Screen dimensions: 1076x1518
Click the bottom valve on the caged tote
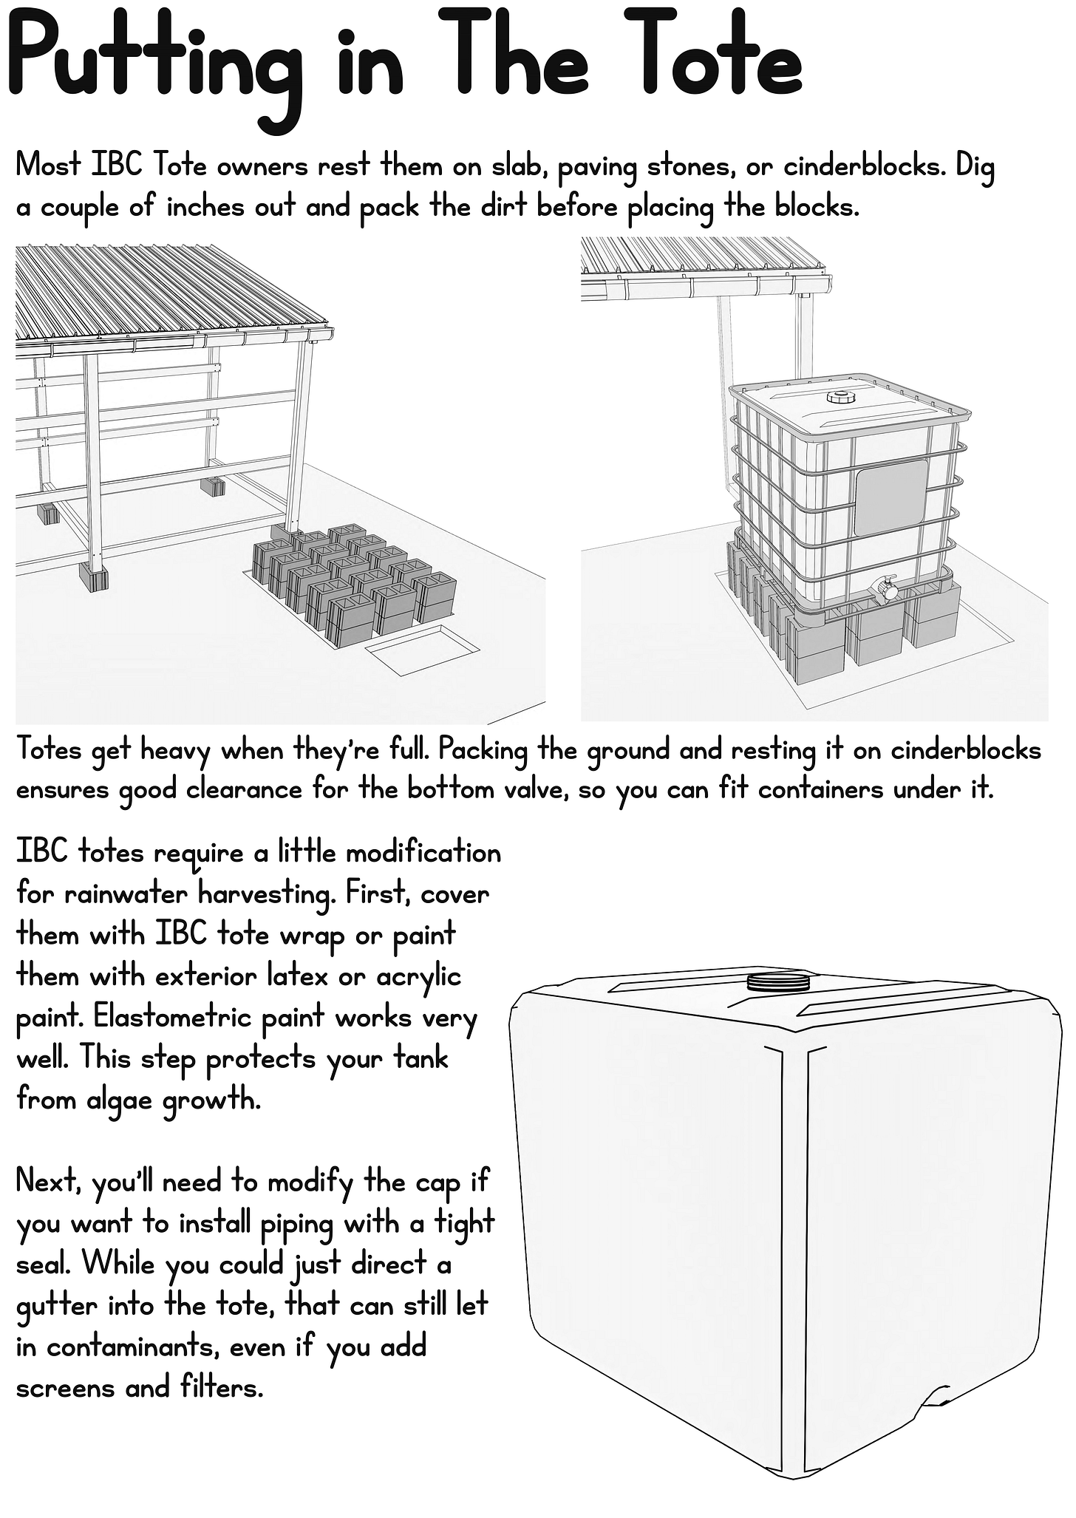886,589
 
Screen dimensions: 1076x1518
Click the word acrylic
419,977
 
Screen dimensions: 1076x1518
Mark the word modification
423,854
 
